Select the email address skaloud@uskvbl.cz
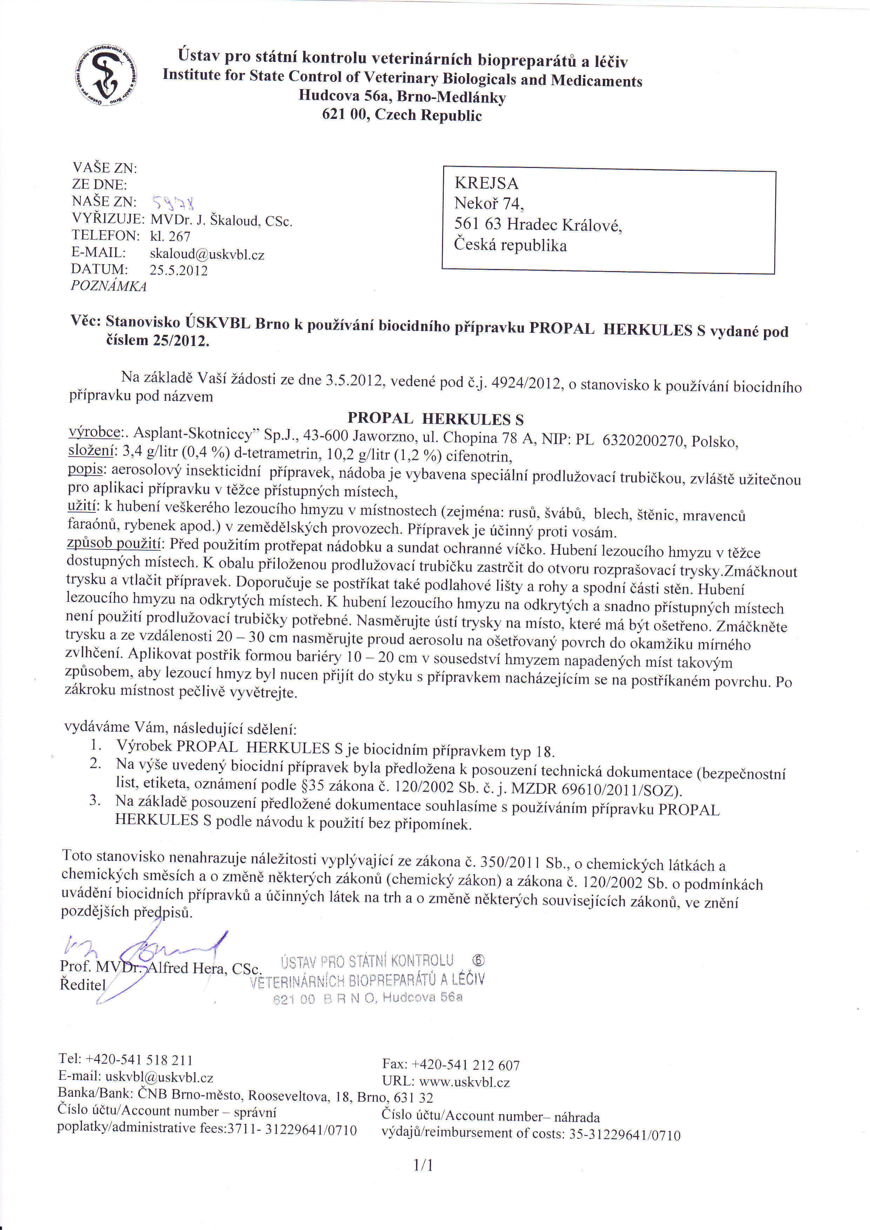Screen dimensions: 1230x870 click(207, 254)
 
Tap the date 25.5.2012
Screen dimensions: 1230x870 click(179, 270)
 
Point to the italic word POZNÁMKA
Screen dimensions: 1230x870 click(109, 286)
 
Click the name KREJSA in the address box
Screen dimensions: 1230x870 click(487, 183)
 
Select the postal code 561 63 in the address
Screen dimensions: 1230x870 click(477, 223)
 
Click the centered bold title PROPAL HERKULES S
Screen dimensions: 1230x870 click(436, 418)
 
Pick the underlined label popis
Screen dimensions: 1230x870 click(85, 469)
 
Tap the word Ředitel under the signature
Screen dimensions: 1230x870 click(83, 984)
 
